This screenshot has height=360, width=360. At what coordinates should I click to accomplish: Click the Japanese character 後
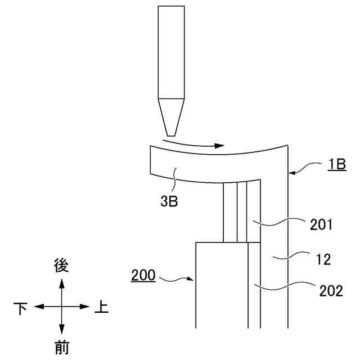(x=61, y=265)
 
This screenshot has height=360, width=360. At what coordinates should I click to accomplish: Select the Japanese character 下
(x=20, y=307)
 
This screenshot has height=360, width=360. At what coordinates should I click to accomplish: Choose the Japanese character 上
(x=101, y=307)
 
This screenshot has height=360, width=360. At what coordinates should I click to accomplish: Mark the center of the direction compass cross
(x=61, y=307)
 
